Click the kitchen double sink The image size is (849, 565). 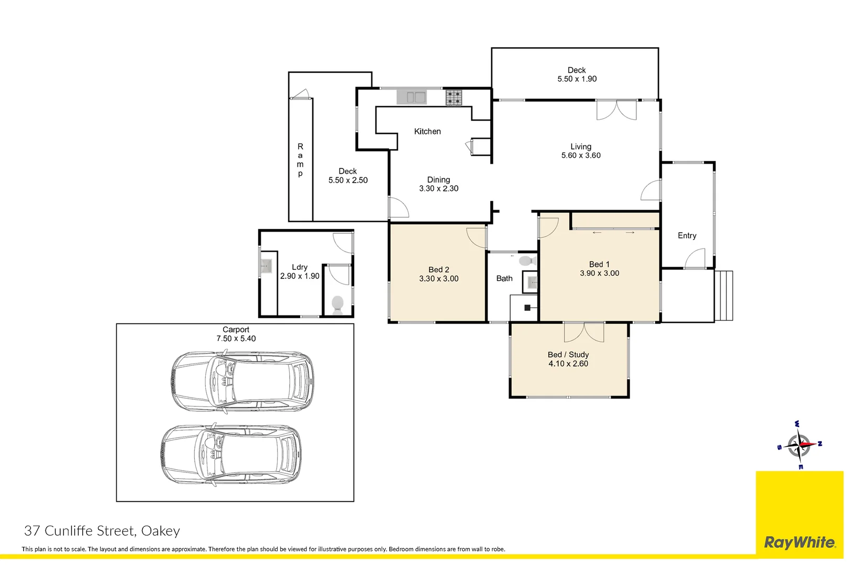coord(412,97)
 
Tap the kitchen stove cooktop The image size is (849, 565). coord(454,97)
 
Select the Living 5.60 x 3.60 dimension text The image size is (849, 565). coord(581,155)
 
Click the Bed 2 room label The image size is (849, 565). coord(439,269)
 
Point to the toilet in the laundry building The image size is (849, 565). coord(337,305)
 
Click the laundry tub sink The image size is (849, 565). coord(267,266)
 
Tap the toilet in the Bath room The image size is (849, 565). coord(527,261)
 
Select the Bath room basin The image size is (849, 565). coord(531,282)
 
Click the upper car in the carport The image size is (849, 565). coord(242,381)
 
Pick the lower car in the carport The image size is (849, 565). coord(231,455)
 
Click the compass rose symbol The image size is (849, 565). coord(799,445)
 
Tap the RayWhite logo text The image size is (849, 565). coord(800,543)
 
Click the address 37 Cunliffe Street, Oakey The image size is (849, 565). coord(102,531)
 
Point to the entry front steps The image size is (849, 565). coord(723,296)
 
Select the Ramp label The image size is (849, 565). coord(300,160)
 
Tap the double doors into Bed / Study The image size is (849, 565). coord(584,332)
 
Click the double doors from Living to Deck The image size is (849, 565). coord(616,110)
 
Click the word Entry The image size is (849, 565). coord(687,235)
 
